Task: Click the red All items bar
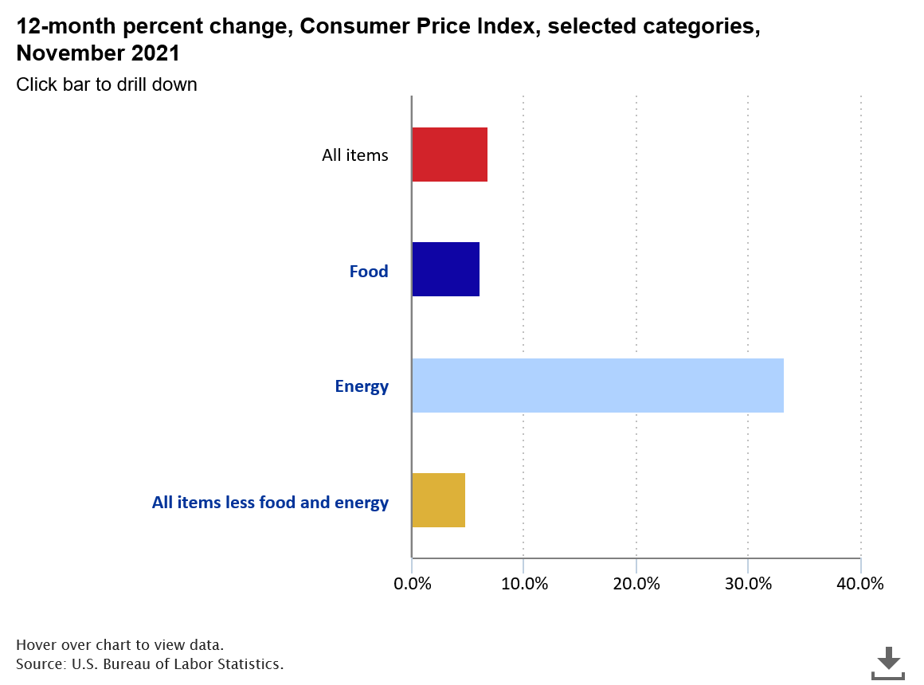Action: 449,155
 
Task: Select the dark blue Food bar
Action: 445,270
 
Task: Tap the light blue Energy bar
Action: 597,386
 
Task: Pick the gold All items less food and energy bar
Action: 438,500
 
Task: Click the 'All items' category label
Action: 354,155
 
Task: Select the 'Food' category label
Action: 369,272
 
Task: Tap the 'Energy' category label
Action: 362,387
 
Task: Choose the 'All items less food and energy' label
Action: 270,503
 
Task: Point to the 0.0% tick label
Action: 412,583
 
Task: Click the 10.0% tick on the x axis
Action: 523,583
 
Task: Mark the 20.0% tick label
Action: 636,583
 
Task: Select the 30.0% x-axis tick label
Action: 748,583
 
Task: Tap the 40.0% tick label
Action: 860,583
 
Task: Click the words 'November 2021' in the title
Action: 97,54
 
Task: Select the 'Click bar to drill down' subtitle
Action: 106,84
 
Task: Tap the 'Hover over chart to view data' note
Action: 119,644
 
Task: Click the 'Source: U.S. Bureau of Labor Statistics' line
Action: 150,663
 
